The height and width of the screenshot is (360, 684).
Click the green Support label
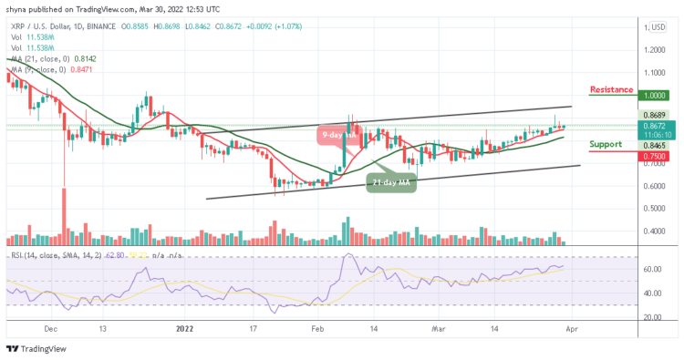point(606,144)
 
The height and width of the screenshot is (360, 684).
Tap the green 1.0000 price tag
point(653,95)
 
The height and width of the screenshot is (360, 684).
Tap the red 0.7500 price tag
point(653,155)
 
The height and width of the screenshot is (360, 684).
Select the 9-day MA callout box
point(335,137)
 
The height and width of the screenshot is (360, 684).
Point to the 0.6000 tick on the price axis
point(653,186)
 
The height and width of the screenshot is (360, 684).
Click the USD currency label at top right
point(657,26)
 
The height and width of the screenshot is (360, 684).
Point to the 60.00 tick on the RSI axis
point(651,270)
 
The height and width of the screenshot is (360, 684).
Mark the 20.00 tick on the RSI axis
point(651,317)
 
